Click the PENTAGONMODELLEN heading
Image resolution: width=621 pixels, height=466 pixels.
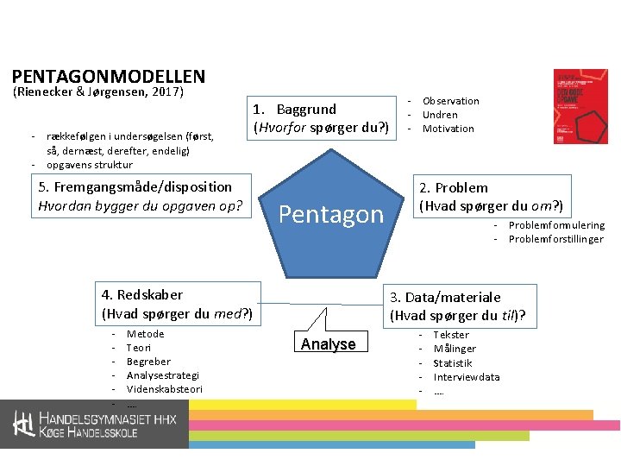click(x=109, y=77)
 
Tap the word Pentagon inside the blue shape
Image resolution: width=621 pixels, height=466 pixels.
click(x=331, y=214)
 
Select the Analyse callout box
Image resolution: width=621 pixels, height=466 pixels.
click(x=328, y=344)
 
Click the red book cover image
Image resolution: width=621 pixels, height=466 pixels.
click(x=580, y=106)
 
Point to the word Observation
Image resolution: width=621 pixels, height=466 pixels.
click(x=450, y=101)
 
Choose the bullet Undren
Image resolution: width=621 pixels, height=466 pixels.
click(x=440, y=115)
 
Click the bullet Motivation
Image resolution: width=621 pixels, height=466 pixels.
click(x=448, y=129)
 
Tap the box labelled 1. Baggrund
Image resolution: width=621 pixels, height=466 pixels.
click(x=321, y=119)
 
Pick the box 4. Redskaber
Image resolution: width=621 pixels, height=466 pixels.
click(x=178, y=304)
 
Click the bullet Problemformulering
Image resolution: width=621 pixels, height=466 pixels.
click(x=556, y=225)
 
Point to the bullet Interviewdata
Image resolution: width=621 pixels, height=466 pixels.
click(x=466, y=377)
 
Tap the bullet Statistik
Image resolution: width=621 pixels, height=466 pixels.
click(x=452, y=363)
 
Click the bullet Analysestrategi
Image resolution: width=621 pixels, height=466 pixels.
click(x=162, y=375)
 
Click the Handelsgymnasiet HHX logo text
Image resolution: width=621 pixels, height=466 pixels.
click(x=99, y=424)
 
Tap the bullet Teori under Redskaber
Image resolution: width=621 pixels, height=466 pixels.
click(x=139, y=348)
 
